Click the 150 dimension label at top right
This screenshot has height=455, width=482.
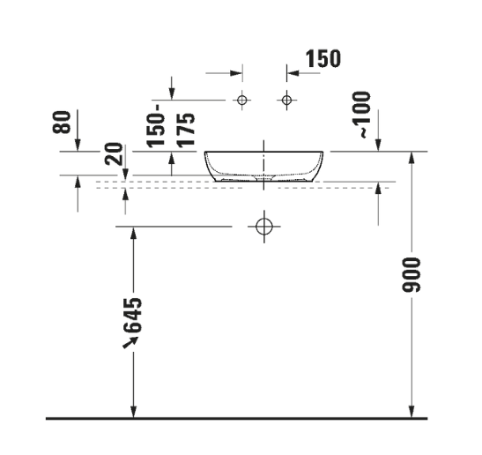pos(322,60)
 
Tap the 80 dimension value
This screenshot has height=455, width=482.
pos(62,123)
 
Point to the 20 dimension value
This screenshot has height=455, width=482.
pos(113,156)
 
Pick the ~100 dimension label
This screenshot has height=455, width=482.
pos(363,115)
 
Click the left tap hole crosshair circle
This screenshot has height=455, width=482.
pos(243,100)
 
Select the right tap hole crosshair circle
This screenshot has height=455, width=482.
pos(285,100)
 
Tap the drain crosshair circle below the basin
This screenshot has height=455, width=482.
pos(263,227)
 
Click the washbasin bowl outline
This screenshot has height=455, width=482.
pos(263,166)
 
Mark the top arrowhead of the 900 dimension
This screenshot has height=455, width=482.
pos(411,157)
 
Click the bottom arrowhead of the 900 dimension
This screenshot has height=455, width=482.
pos(411,411)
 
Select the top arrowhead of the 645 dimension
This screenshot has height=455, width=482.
pos(134,233)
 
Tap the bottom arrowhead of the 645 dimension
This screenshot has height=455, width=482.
pos(134,411)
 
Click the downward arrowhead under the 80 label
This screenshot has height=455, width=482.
pos(78,145)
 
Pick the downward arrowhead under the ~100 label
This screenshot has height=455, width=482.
pos(378,145)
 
